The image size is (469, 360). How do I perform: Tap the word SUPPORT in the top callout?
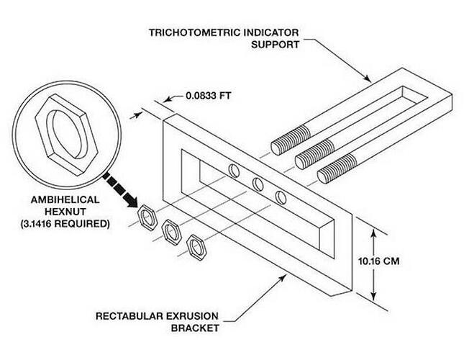[x=275, y=45]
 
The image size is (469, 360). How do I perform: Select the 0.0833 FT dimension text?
[x=209, y=96]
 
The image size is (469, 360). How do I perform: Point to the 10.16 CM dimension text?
[x=378, y=261]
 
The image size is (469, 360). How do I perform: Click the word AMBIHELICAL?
[x=65, y=199]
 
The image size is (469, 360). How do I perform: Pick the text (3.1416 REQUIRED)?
[x=65, y=224]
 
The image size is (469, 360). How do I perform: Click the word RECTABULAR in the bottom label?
[x=129, y=316]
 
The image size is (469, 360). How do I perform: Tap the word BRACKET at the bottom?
[x=195, y=328]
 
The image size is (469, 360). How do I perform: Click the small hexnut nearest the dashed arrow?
[x=147, y=217]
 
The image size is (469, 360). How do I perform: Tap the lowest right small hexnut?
[x=196, y=248]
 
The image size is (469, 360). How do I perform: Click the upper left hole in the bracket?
[x=234, y=171]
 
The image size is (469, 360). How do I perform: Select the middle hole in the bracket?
[x=258, y=184]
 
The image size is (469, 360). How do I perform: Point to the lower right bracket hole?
[x=281, y=198]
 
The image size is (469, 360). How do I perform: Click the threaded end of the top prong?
[x=291, y=140]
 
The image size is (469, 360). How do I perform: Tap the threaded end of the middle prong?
[x=314, y=154]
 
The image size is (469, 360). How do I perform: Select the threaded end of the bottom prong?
[x=337, y=168]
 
